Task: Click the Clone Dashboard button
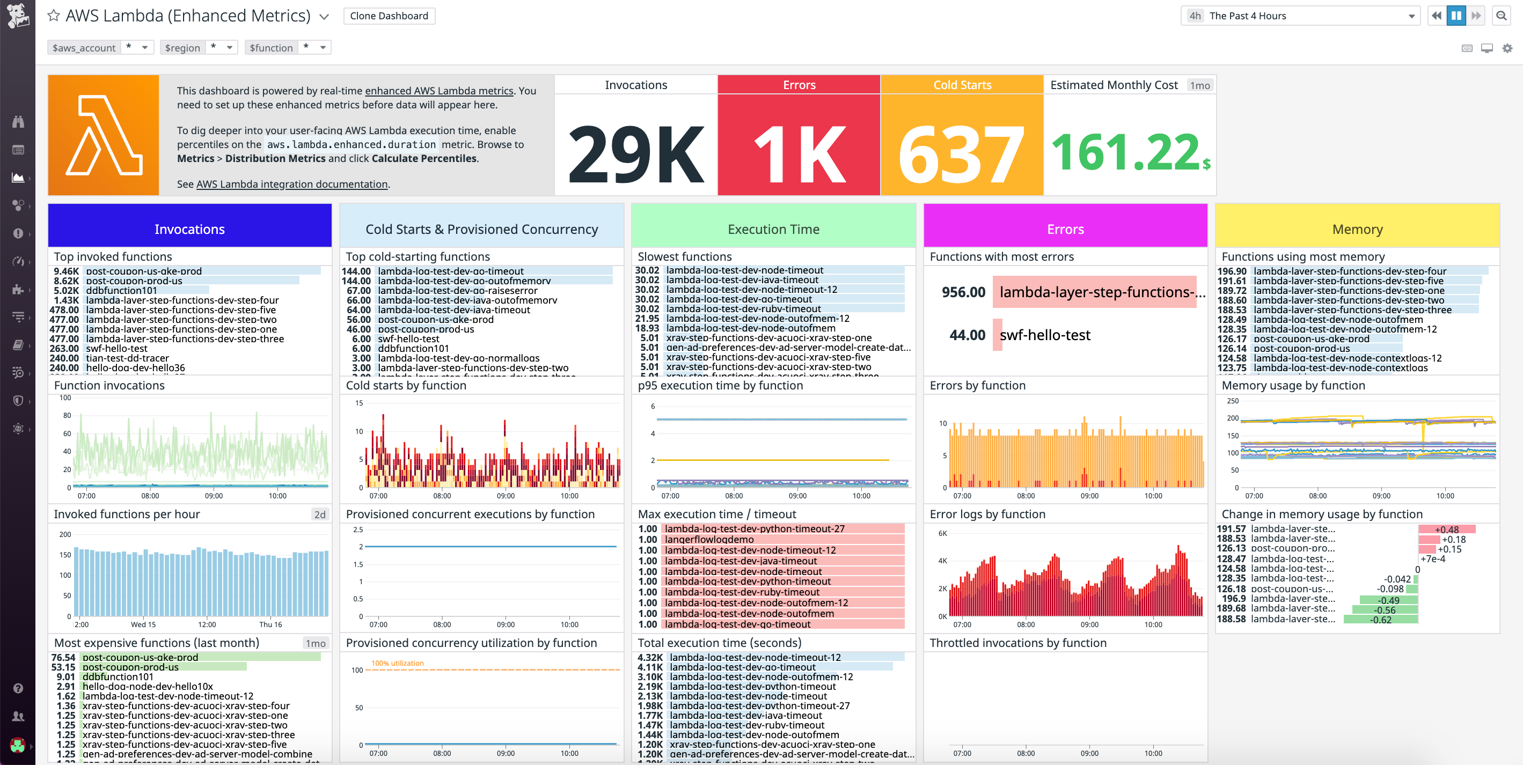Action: [x=389, y=16]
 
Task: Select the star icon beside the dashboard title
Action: [x=53, y=16]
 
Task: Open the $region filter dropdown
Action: [x=229, y=47]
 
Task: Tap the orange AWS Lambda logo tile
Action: [x=104, y=135]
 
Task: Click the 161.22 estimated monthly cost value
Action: [x=1126, y=152]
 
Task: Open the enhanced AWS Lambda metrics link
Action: [x=438, y=91]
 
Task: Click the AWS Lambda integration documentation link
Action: [x=291, y=185]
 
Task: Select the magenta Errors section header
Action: [x=1065, y=230]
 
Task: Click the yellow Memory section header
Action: [x=1357, y=230]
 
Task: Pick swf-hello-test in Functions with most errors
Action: [x=1045, y=335]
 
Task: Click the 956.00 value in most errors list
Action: [x=963, y=292]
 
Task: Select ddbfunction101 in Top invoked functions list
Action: [x=121, y=290]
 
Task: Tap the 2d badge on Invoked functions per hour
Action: [x=320, y=514]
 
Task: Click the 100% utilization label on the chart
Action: [x=397, y=663]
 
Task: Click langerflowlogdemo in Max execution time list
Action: [x=709, y=539]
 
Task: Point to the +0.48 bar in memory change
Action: [x=1446, y=529]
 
